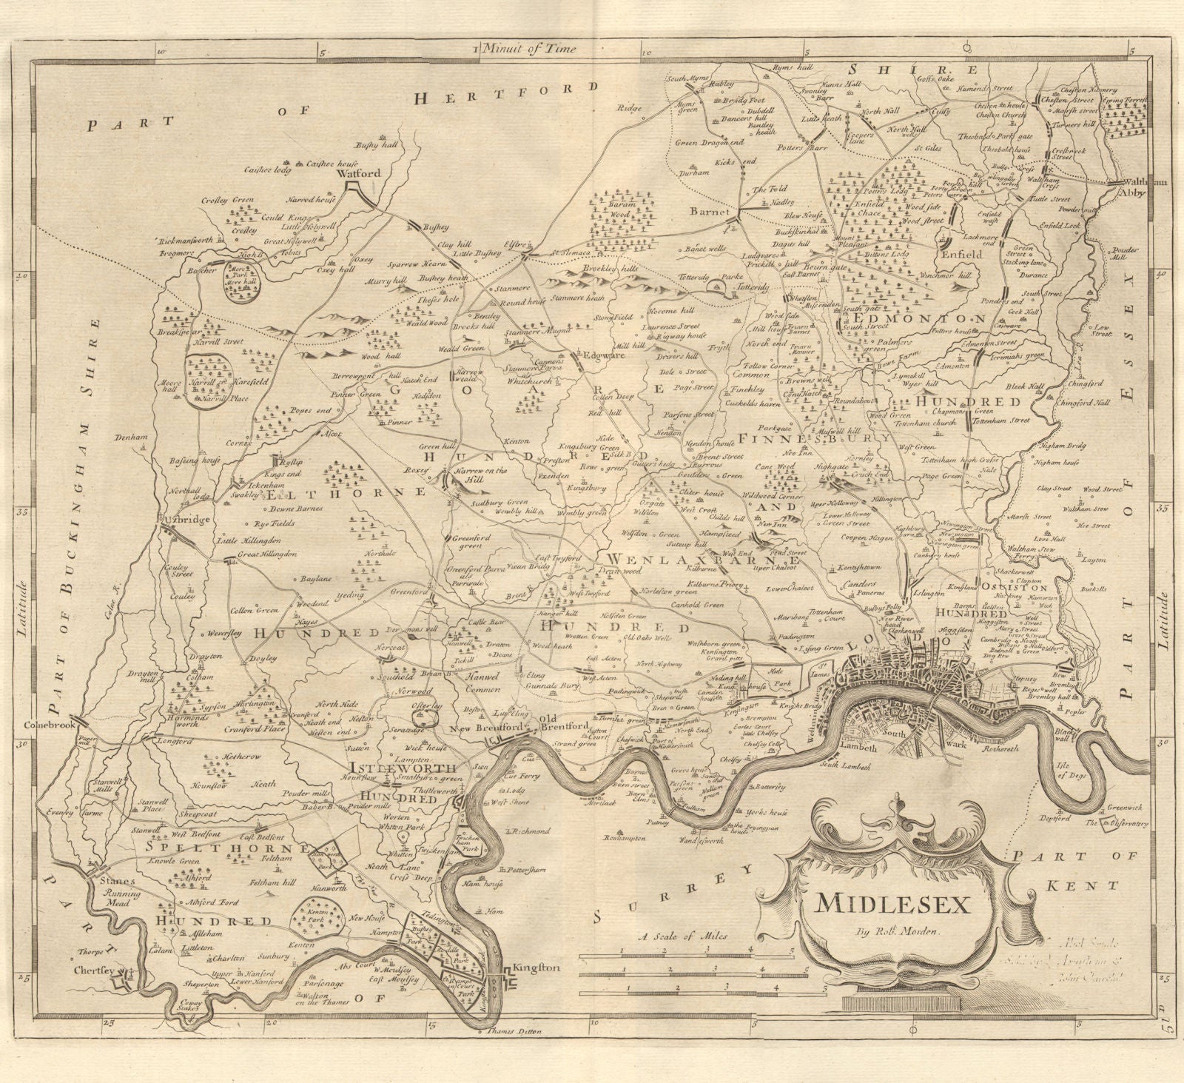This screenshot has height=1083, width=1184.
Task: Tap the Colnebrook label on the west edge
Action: click(x=50, y=726)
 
